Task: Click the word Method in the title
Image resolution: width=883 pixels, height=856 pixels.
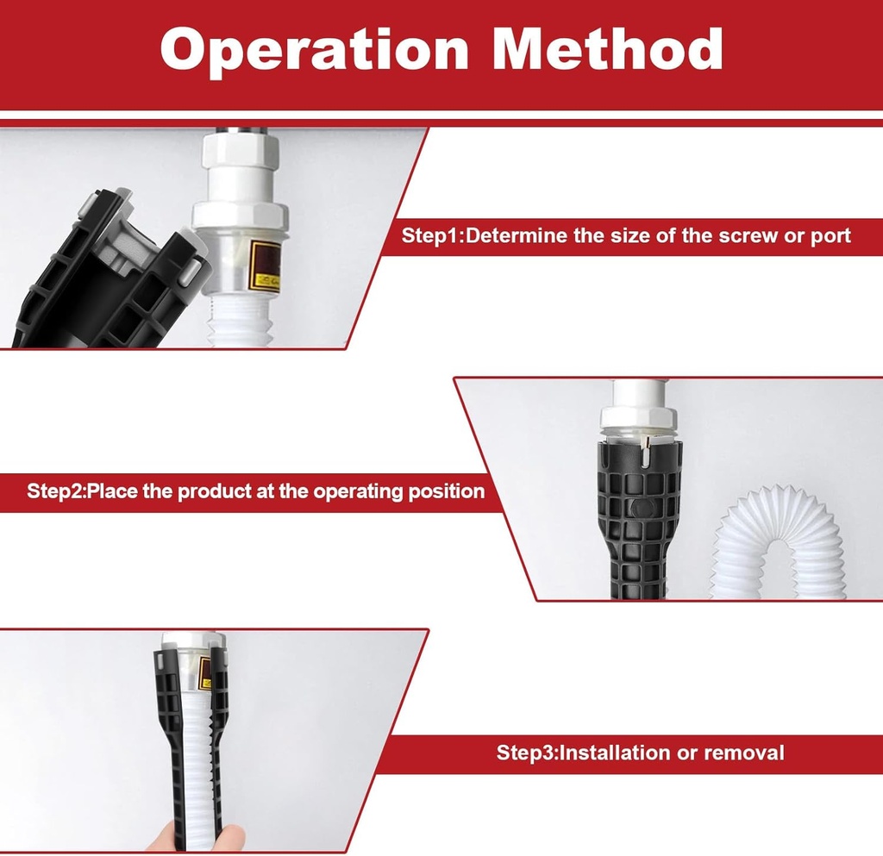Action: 613,49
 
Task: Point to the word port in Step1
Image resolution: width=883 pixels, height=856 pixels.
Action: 830,236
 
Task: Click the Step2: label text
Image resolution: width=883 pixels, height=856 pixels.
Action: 57,492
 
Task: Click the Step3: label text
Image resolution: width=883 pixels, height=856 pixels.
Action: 528,753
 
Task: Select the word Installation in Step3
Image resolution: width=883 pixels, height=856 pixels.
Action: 619,753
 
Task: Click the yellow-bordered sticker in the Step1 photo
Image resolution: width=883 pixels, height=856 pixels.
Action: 264,268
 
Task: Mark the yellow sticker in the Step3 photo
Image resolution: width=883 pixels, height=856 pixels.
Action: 206,672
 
